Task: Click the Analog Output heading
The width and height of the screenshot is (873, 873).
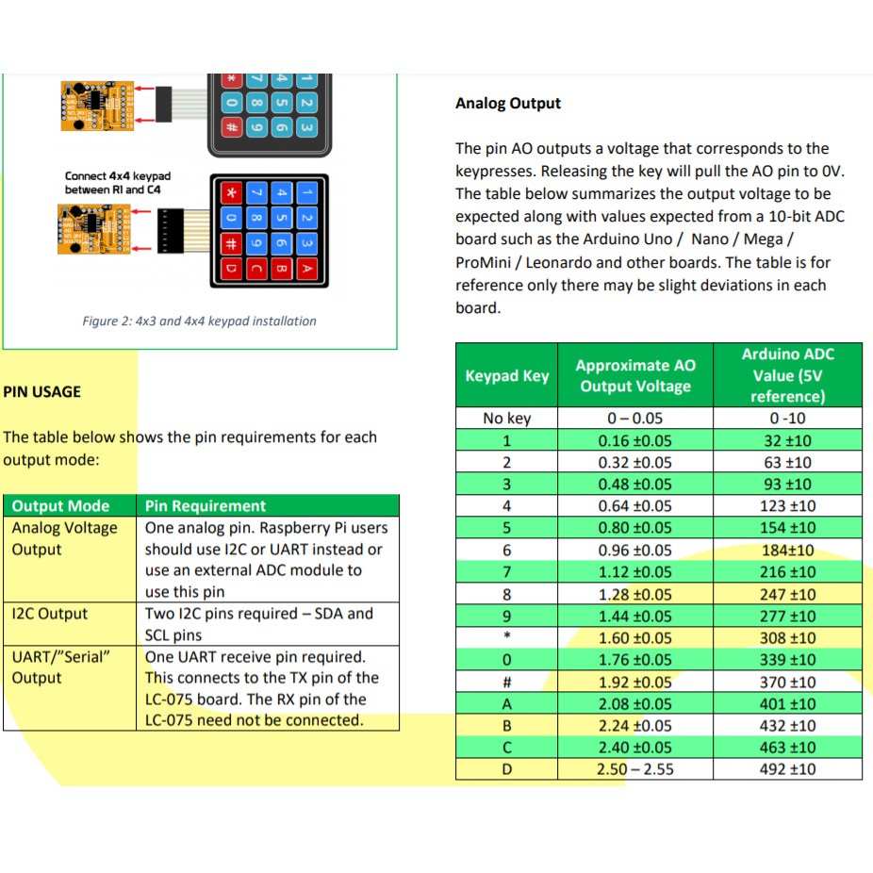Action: tap(508, 104)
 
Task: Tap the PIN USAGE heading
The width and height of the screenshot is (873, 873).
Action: tap(42, 391)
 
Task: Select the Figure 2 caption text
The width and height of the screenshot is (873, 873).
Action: tap(199, 321)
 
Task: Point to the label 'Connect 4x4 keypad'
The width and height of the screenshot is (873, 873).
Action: tap(118, 176)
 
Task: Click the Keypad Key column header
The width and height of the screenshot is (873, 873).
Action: tap(507, 376)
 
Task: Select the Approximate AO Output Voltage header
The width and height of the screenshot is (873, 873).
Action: tap(635, 376)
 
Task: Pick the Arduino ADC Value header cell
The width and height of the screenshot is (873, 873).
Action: tap(787, 375)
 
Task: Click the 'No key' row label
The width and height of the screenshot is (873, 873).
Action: tap(507, 419)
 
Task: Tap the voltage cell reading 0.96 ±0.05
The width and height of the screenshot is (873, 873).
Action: tap(635, 551)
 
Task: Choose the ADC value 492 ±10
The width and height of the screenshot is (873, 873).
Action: tap(787, 769)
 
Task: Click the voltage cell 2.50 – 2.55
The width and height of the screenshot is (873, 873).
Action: tap(635, 769)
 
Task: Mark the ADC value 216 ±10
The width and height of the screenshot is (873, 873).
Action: tap(787, 572)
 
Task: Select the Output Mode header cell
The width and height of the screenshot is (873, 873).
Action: tap(61, 506)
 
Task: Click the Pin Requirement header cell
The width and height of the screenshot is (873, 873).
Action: tap(206, 506)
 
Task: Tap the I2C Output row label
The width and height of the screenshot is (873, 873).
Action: tap(50, 614)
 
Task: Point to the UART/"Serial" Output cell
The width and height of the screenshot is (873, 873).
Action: tap(56, 667)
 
